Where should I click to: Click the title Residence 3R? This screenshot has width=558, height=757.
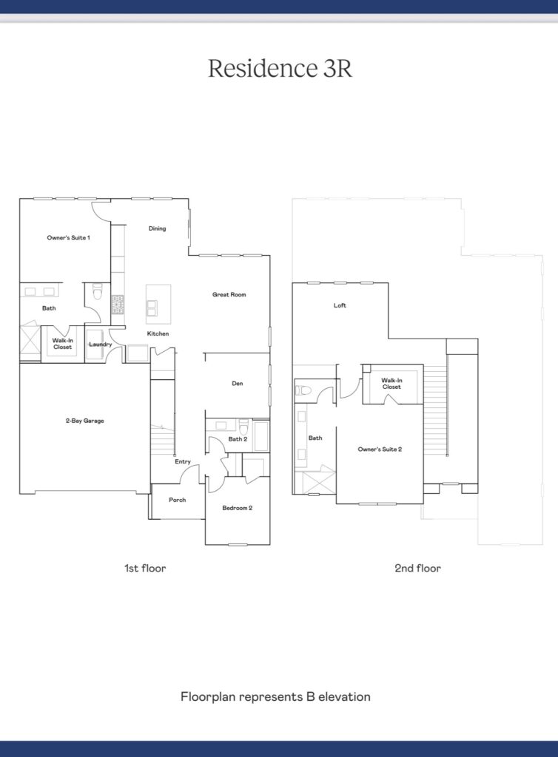pos(280,68)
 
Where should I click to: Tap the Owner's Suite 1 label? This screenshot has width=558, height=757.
pos(68,237)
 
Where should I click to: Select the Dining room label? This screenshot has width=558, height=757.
pos(157,228)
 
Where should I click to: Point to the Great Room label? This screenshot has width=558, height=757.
pos(229,294)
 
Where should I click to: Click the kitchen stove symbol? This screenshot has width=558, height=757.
pos(118,305)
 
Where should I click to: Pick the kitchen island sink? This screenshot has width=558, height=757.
pos(152,308)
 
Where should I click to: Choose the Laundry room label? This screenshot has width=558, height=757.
pos(101,344)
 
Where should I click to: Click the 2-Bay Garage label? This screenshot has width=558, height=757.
pos(85,421)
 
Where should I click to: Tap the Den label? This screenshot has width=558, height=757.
pos(238,384)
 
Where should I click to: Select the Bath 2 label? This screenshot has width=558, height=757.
pos(238,439)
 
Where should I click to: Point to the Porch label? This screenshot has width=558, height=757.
pos(178,500)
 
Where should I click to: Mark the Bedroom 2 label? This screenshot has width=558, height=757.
pos(238,508)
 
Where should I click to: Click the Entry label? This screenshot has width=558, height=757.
pos(183,461)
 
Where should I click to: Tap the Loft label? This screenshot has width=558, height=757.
pos(340,305)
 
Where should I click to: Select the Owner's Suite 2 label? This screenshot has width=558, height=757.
pos(380,449)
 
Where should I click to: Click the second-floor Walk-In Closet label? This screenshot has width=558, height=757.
pos(391,384)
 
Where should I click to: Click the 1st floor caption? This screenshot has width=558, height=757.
pos(145,568)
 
